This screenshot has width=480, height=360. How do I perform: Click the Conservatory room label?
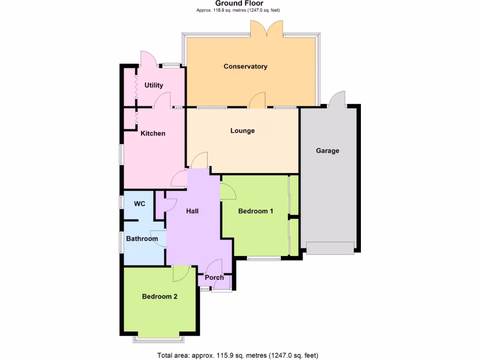[x=245, y=67]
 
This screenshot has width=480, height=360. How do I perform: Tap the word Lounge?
[x=242, y=131]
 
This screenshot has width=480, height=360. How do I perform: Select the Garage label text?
[x=327, y=151]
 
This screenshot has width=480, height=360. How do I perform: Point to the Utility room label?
[x=154, y=85]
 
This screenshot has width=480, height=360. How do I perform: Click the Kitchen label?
[x=153, y=134]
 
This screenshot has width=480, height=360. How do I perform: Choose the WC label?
[x=140, y=204]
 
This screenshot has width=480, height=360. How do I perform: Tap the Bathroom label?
[x=142, y=239]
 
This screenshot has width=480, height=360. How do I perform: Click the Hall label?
[x=192, y=211]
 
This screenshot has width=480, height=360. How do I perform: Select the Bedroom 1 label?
[x=255, y=211]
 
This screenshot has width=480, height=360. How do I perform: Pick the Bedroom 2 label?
[x=159, y=296]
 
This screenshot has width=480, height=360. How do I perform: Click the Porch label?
[x=215, y=277]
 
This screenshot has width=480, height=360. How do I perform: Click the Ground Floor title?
[x=240, y=3]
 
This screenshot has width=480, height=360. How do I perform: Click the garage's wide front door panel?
[x=330, y=248]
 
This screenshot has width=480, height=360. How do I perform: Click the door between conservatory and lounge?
[x=257, y=101]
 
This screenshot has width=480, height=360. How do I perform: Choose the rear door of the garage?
[x=337, y=99]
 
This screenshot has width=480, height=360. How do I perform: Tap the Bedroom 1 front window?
[x=264, y=258]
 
